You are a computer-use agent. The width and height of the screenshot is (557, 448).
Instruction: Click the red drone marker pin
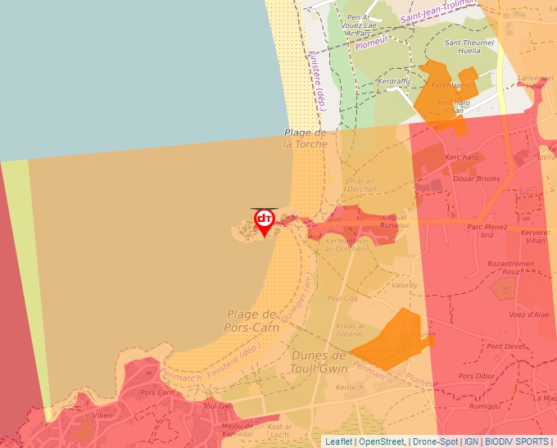click(x=265, y=222)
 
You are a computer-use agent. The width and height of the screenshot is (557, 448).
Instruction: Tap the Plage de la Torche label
click(x=306, y=138)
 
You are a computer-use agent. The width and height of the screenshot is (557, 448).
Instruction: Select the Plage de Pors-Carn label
click(x=252, y=321)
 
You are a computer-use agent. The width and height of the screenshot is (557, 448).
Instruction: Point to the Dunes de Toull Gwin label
click(x=319, y=361)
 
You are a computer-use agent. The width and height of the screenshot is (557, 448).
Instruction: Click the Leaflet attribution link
click(x=338, y=441)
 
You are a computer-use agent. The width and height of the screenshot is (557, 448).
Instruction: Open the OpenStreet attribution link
click(x=382, y=441)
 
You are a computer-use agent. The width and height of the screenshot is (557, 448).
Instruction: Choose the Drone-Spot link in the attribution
click(x=435, y=441)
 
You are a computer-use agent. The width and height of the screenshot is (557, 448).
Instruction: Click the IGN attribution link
click(x=472, y=441)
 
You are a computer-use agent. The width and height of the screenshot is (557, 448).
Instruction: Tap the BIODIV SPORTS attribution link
click(x=517, y=441)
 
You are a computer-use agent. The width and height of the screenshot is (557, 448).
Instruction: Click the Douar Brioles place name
click(x=478, y=179)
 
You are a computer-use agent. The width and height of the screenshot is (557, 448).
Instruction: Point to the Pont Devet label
click(x=506, y=346)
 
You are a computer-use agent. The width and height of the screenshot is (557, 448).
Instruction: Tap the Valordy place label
click(x=404, y=285)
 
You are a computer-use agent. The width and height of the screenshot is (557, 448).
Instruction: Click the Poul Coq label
click(x=342, y=299)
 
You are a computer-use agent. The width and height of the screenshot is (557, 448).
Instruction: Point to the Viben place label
click(x=102, y=415)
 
